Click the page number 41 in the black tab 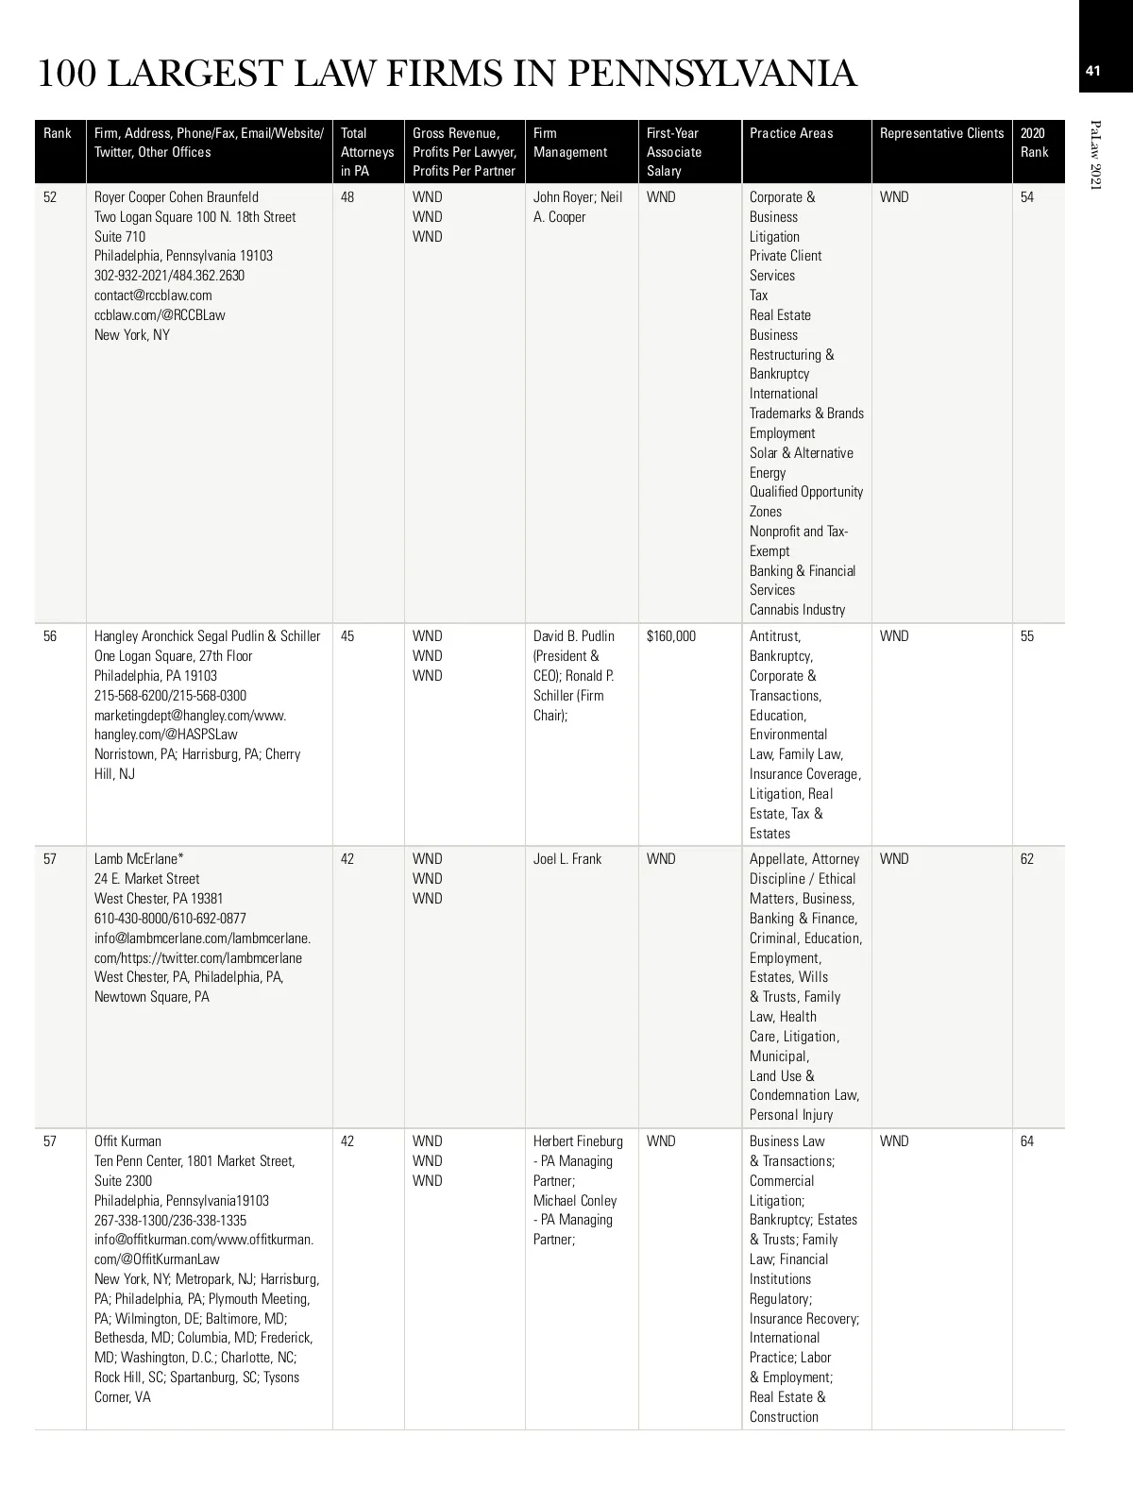pos(1093,71)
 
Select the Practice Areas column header pos(791,133)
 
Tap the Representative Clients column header pos(941,133)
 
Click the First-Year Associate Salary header pos(674,152)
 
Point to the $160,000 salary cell pos(671,636)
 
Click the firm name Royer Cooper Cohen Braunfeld pos(177,197)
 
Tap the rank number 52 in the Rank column pos(50,197)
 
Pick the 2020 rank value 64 pos(1027,1141)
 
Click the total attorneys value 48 pos(347,197)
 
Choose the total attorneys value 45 pos(347,636)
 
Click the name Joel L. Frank pos(567,859)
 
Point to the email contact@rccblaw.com pos(153,296)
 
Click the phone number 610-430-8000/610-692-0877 pos(170,919)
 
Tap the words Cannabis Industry pos(798,610)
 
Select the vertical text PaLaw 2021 pos(1095,155)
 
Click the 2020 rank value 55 pos(1027,636)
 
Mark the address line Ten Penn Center pos(138,1161)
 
